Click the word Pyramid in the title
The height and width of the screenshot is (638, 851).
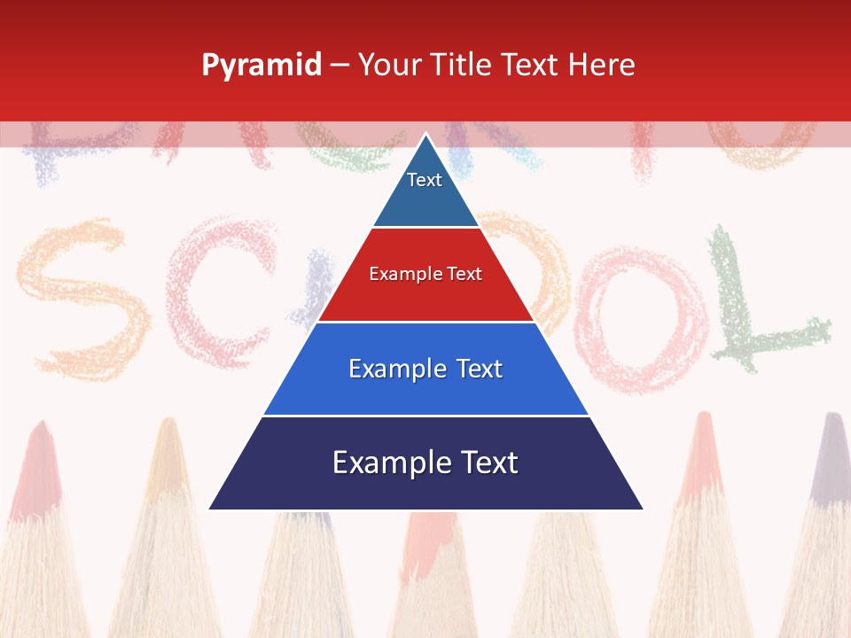261,66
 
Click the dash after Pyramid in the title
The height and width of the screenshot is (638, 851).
340,66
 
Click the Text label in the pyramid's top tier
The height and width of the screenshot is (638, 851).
425,180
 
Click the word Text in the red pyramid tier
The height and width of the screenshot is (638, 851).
465,274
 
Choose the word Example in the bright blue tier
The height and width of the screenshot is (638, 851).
394,369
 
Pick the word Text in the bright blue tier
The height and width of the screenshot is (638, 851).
480,369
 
